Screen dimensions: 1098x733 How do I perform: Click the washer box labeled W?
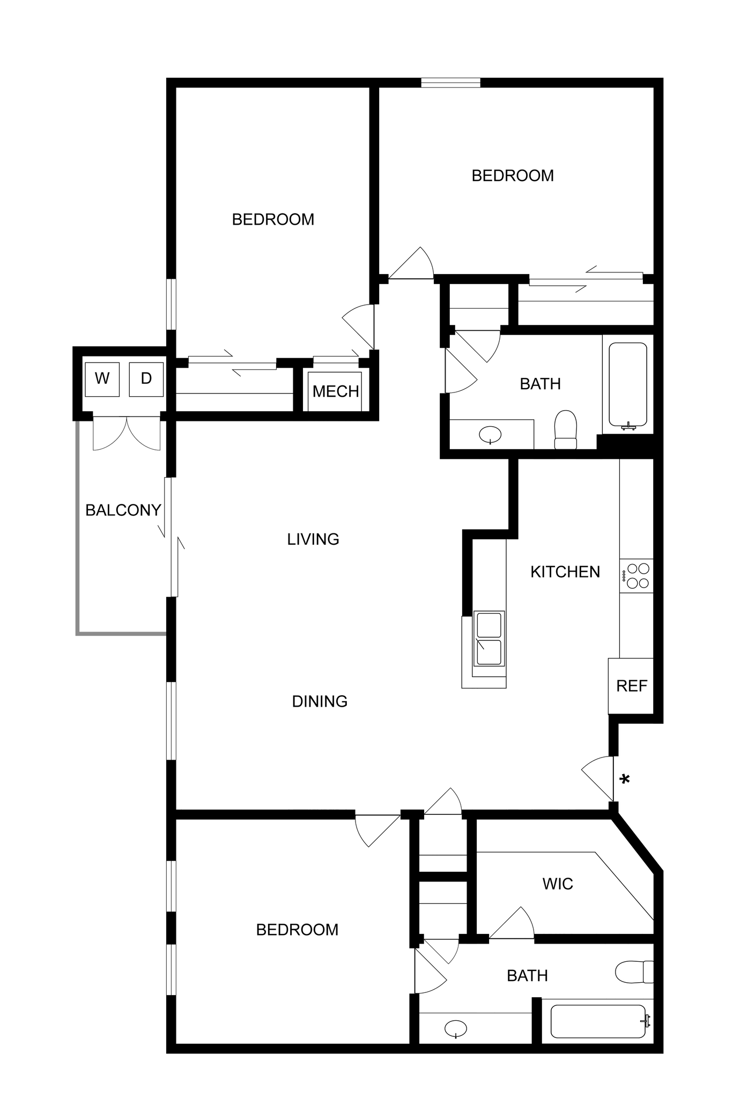tap(102, 379)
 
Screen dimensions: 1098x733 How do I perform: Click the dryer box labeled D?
tap(146, 379)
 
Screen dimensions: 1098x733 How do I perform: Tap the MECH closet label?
tap(336, 391)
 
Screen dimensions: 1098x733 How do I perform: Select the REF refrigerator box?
tap(631, 686)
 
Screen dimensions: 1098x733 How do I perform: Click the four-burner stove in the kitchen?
tap(637, 576)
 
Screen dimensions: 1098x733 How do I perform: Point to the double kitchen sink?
tap(488, 639)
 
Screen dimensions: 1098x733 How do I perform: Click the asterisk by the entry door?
tap(624, 780)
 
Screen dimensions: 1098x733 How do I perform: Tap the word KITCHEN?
tap(565, 572)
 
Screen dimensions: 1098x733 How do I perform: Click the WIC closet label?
tap(558, 884)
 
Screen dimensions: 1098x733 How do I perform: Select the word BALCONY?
tap(123, 510)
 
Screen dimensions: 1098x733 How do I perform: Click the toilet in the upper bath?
tap(565, 429)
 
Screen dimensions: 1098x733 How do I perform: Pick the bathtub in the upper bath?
tap(627, 384)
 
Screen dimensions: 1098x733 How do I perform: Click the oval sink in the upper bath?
tap(490, 434)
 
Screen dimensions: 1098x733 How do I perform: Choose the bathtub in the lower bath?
tap(598, 1021)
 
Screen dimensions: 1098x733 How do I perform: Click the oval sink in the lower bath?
tap(455, 1028)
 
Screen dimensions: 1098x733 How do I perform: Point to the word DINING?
tap(320, 701)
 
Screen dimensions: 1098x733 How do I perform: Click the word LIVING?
tap(313, 539)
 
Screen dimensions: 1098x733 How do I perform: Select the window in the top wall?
tap(450, 83)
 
